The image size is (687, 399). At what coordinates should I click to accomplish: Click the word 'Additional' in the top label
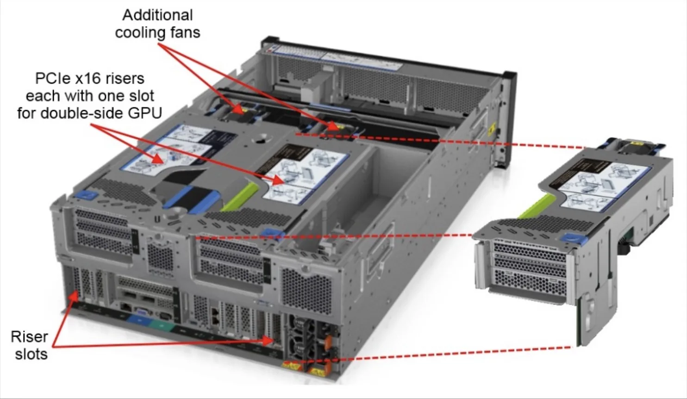(x=157, y=15)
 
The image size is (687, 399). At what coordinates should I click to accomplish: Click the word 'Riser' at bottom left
(x=29, y=337)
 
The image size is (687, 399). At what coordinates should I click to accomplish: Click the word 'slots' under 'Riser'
(x=31, y=354)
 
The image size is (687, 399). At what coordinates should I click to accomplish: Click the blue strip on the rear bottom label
(x=138, y=319)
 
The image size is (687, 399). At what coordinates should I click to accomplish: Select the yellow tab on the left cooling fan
(x=237, y=109)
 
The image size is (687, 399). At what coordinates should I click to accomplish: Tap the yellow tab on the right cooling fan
(x=334, y=126)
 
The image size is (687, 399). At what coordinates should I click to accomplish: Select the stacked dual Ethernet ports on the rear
(x=215, y=316)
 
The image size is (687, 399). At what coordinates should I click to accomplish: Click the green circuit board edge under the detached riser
(x=579, y=324)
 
